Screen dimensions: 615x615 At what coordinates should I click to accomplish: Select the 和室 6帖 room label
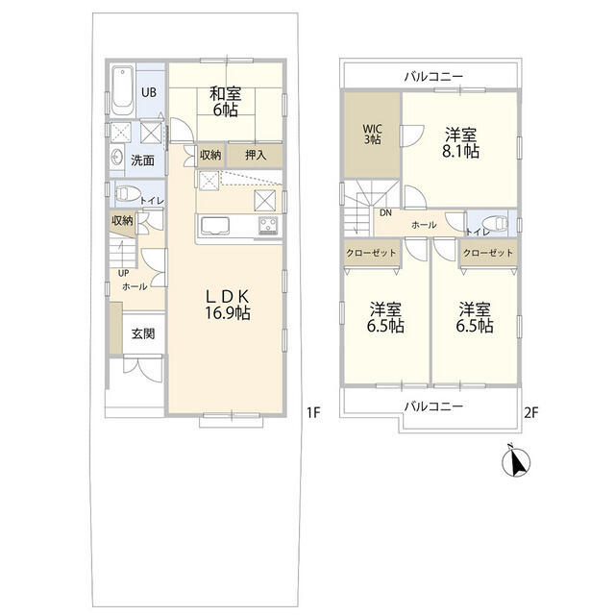(x=226, y=102)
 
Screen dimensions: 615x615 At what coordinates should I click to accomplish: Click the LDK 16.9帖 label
(x=228, y=305)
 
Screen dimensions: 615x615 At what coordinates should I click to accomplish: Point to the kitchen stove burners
(x=268, y=225)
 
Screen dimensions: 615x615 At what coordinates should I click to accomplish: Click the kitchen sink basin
(x=215, y=226)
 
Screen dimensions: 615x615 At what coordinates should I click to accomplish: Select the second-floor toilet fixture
(x=495, y=224)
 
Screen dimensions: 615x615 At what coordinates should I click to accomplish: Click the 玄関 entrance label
(x=143, y=333)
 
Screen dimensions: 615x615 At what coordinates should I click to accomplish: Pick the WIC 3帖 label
(x=373, y=135)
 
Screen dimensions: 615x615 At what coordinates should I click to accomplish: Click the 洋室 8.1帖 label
(x=461, y=143)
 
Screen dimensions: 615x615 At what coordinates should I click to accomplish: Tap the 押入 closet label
(x=256, y=155)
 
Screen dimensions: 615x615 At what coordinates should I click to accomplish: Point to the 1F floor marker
(x=314, y=412)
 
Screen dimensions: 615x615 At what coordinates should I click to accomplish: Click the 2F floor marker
(x=531, y=412)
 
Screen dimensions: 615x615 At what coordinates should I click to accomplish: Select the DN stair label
(x=385, y=213)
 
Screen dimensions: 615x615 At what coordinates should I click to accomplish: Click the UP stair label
(x=124, y=273)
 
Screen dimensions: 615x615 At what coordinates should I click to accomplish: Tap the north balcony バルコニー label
(x=433, y=76)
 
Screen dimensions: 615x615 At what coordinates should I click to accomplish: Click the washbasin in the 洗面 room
(x=117, y=158)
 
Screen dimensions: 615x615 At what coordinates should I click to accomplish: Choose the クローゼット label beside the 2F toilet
(x=488, y=253)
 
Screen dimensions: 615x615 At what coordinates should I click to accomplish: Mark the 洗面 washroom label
(x=142, y=160)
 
